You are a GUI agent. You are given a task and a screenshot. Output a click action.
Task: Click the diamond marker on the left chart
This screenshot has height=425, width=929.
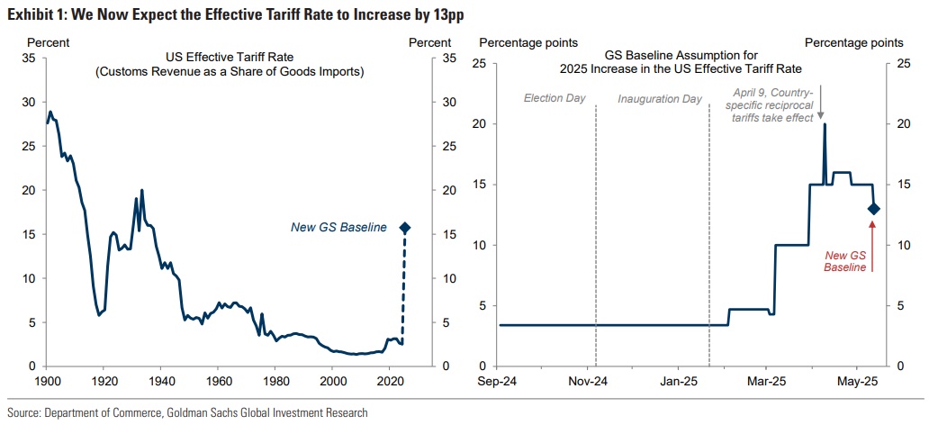[404, 228]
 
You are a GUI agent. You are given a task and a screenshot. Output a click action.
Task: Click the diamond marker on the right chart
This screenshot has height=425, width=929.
[873, 209]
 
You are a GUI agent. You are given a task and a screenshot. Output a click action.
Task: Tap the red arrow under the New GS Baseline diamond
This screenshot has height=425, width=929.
[873, 241]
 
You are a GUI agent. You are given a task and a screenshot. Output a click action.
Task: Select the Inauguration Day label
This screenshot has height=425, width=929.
[660, 97]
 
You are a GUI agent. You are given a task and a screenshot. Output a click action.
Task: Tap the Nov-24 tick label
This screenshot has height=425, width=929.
[590, 380]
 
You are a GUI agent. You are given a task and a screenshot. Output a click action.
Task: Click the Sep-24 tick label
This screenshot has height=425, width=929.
[498, 380]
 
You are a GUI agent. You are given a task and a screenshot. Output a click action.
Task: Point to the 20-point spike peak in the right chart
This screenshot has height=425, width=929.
[825, 124]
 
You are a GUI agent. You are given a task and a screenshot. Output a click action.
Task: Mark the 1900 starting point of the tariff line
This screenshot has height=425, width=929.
[47, 122]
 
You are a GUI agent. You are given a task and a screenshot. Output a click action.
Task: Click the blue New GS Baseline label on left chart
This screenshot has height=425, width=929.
[338, 228]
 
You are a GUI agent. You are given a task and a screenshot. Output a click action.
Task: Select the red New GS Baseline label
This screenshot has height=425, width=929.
[847, 261]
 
